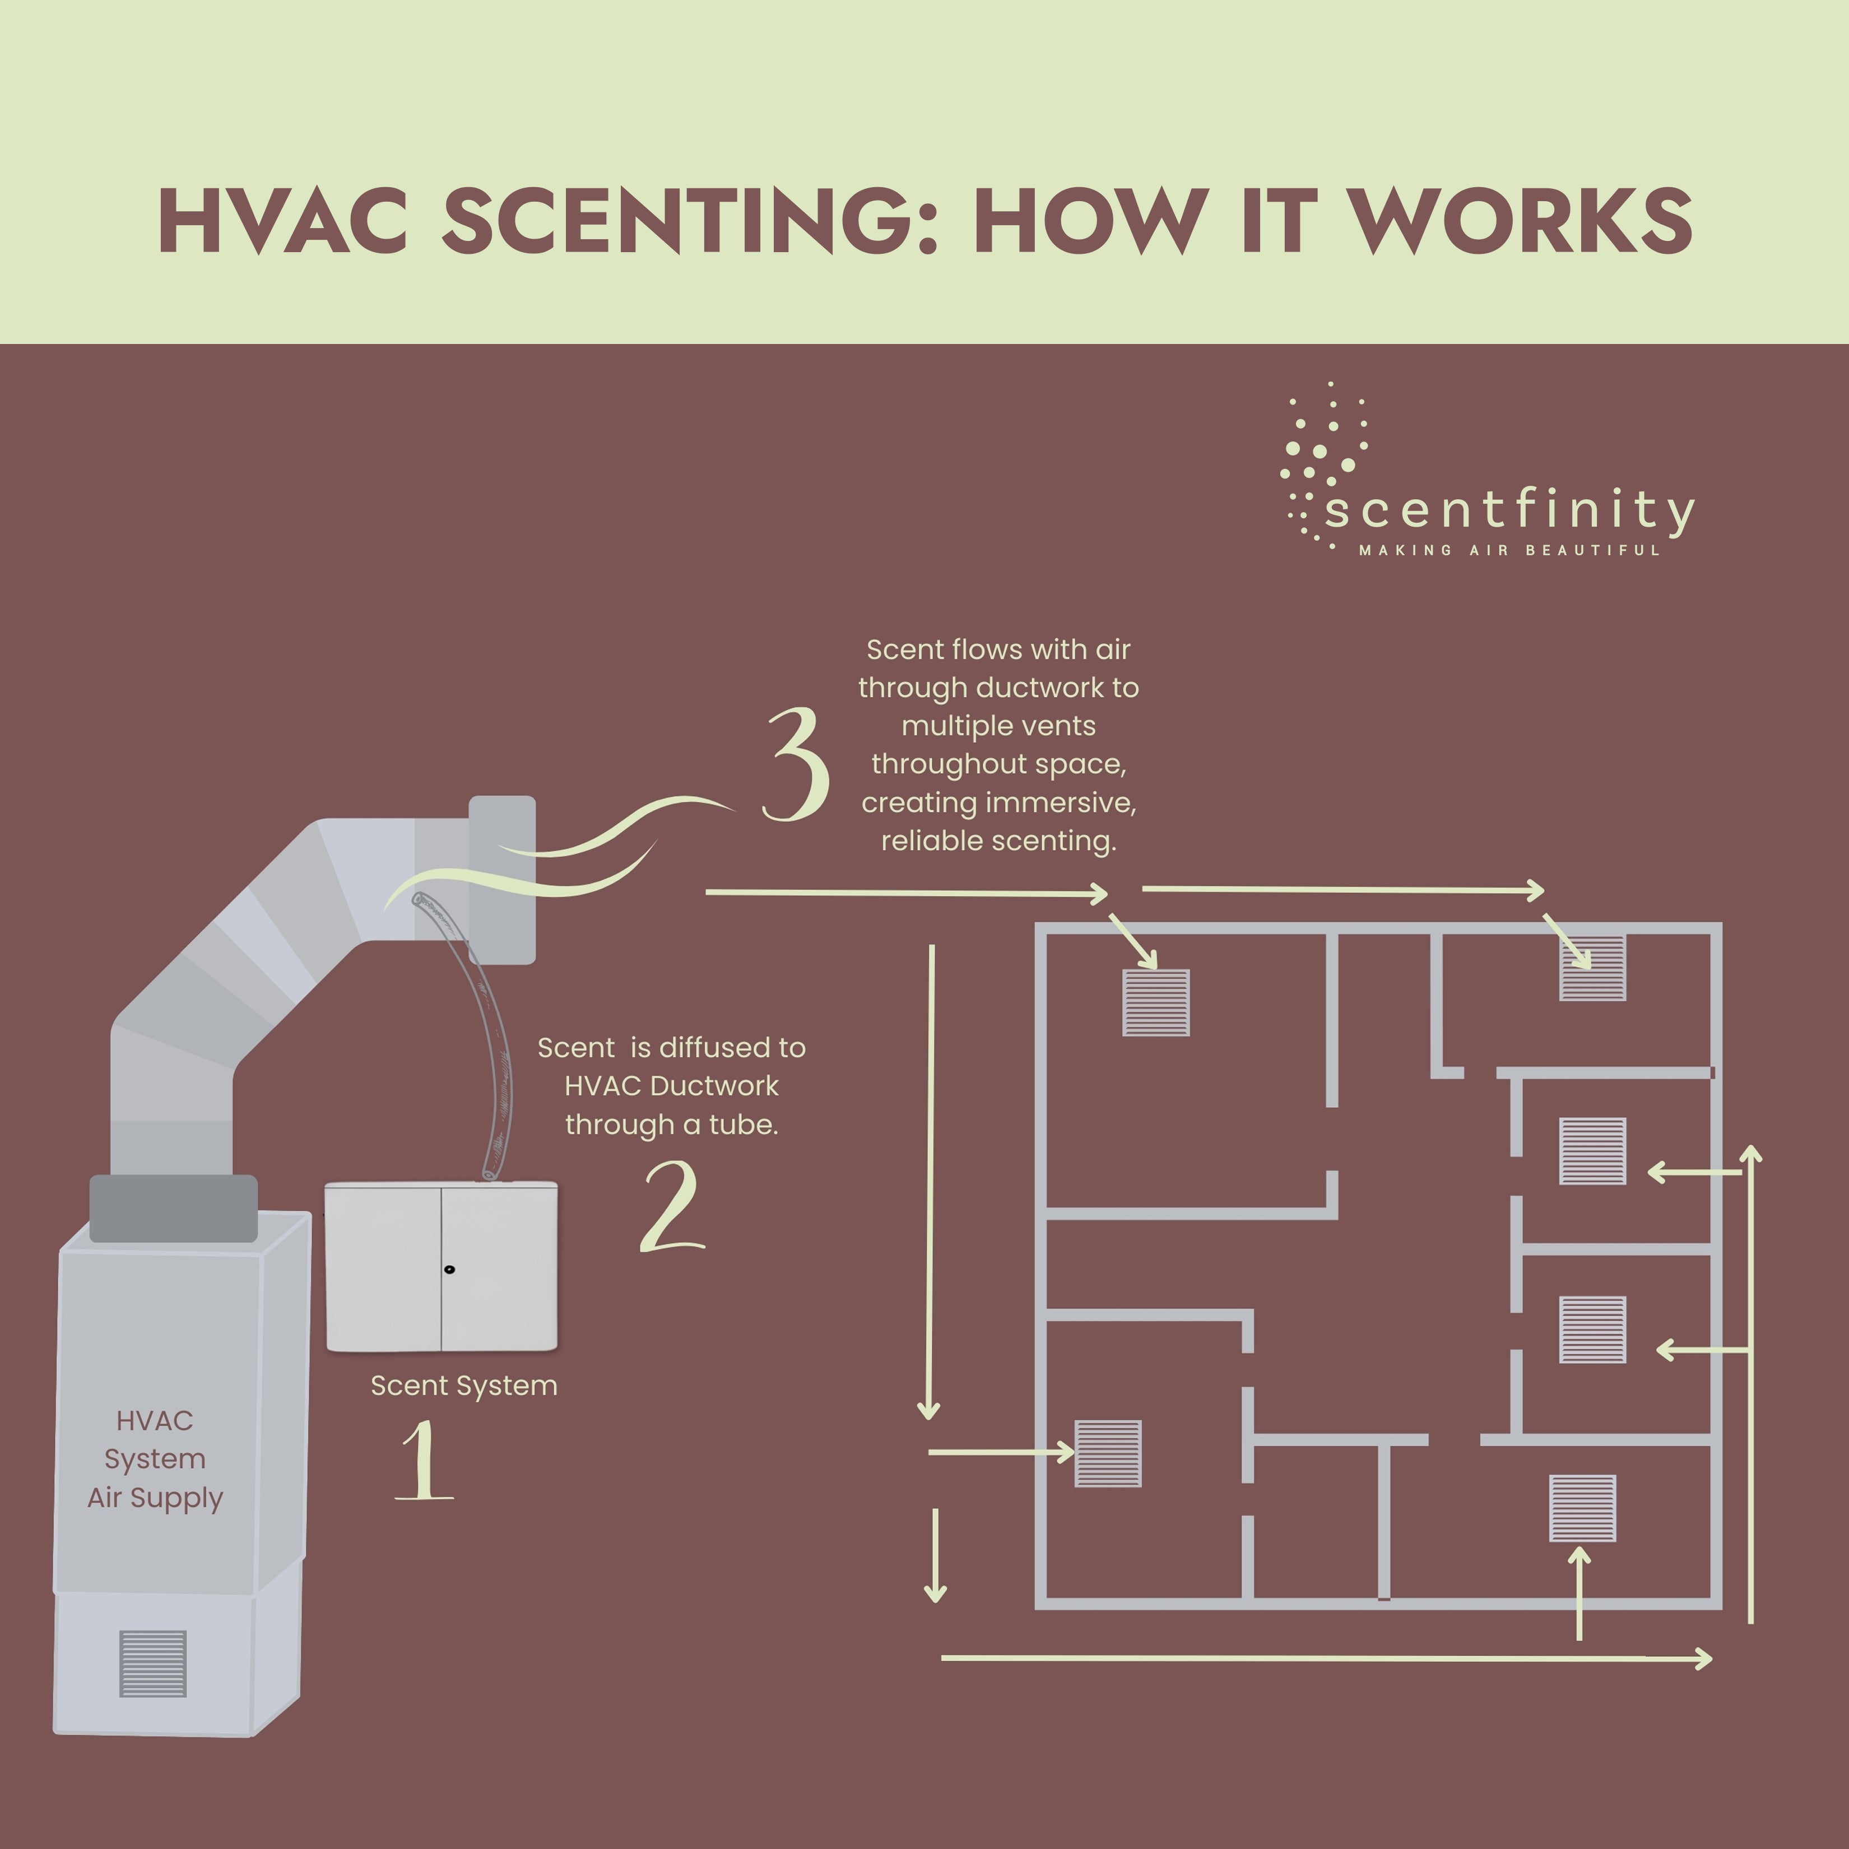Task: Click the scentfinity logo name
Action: point(1509,510)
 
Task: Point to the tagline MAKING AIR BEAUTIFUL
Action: point(1509,550)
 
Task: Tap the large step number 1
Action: point(424,1461)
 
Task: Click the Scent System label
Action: point(464,1386)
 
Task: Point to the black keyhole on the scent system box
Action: point(450,1270)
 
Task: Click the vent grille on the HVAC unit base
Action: point(153,1664)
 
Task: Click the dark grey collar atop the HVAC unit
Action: point(173,1208)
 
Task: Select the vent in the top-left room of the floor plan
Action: point(1156,1003)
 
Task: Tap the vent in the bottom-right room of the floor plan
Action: point(1583,1508)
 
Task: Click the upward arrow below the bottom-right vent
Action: point(1579,1594)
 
